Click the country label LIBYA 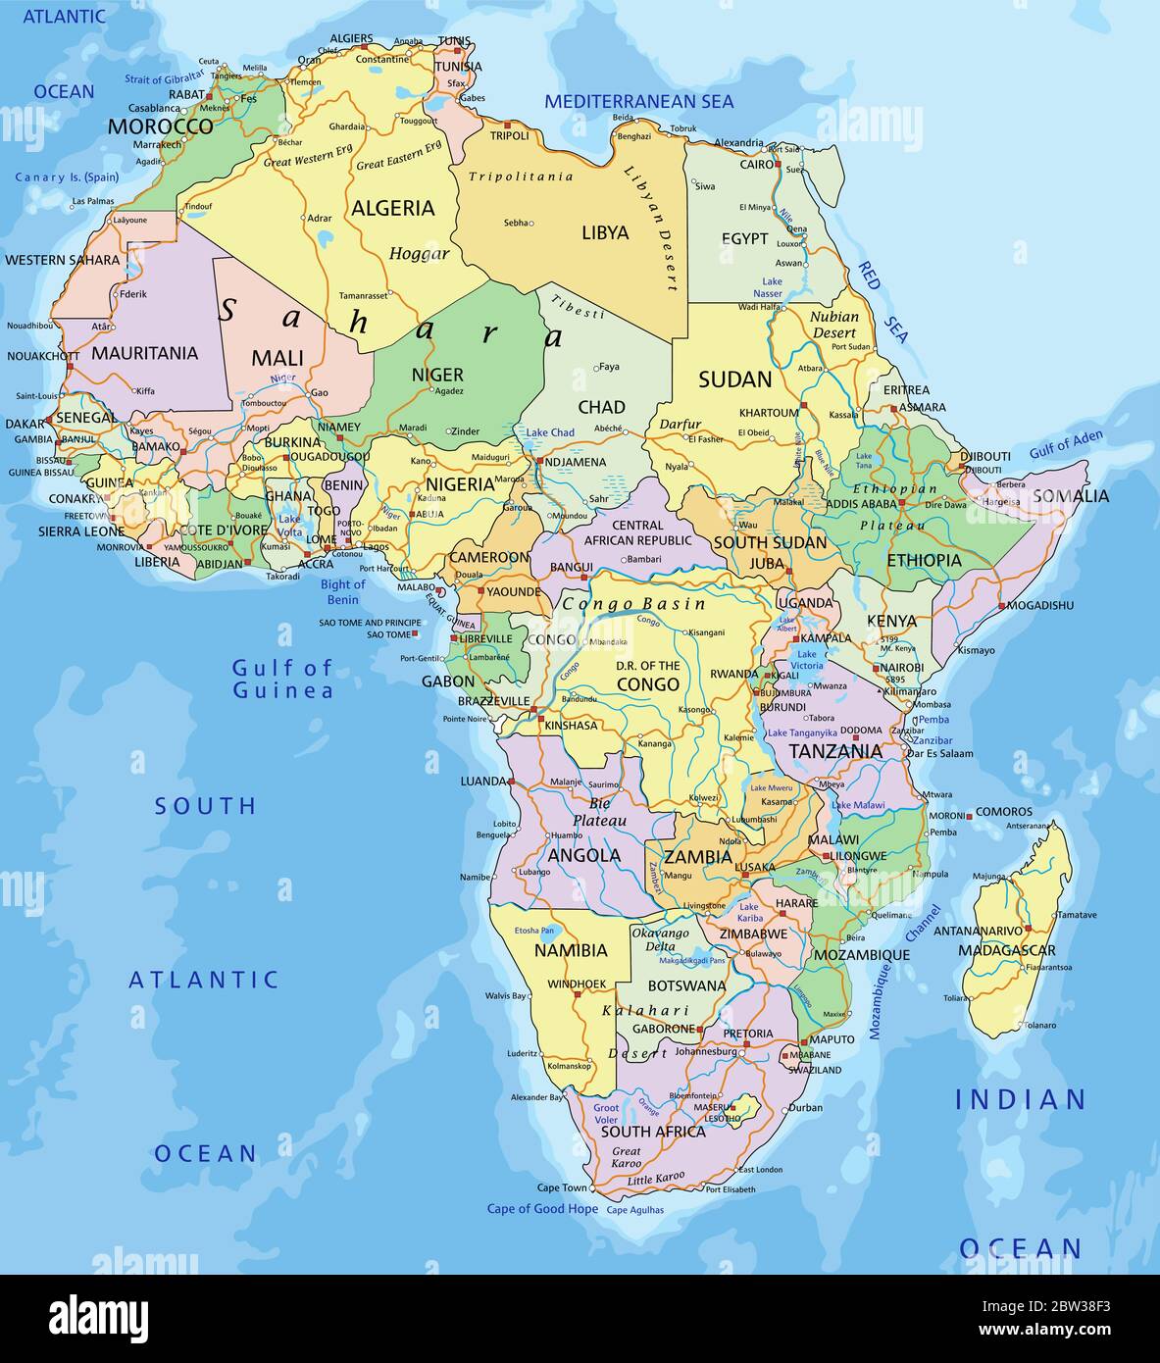605,232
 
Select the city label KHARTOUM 769,413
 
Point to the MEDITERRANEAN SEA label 638,101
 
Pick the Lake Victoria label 806,660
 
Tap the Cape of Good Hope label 542,1209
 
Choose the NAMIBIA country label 571,950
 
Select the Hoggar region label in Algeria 419,254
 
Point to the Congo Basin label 633,604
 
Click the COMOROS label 1004,812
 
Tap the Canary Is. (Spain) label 67,177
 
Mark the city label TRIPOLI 510,135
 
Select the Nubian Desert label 834,325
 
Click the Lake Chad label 550,432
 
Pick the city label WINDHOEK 576,984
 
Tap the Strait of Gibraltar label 165,75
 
